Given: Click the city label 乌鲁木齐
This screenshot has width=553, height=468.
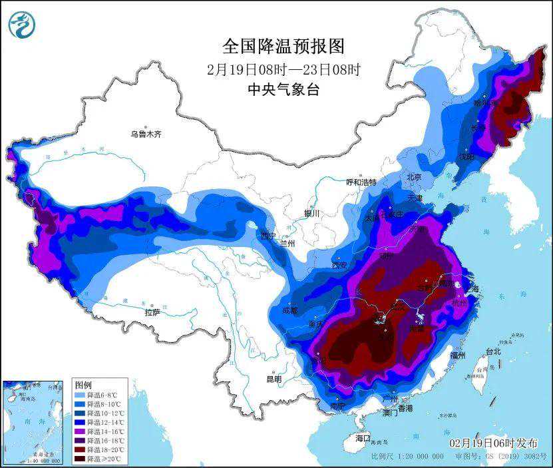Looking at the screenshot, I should click(x=145, y=134).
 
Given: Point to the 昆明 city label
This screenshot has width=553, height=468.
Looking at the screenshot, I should click(x=274, y=379).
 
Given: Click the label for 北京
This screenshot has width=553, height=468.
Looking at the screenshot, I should click(x=415, y=177).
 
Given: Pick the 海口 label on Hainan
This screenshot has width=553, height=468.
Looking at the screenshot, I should click(x=362, y=438).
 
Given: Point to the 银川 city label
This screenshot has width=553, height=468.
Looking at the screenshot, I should click(x=311, y=213).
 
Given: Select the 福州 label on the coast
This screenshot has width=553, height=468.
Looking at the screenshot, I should click(x=457, y=355).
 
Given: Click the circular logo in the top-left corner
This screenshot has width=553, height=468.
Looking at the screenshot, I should click(x=20, y=25).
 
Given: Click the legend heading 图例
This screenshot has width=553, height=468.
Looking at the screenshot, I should click(x=83, y=385).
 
